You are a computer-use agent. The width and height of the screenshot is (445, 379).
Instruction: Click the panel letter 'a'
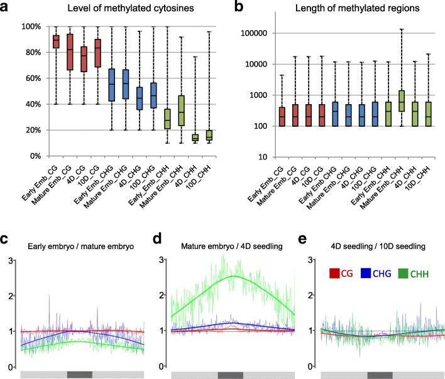pos(7,8)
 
